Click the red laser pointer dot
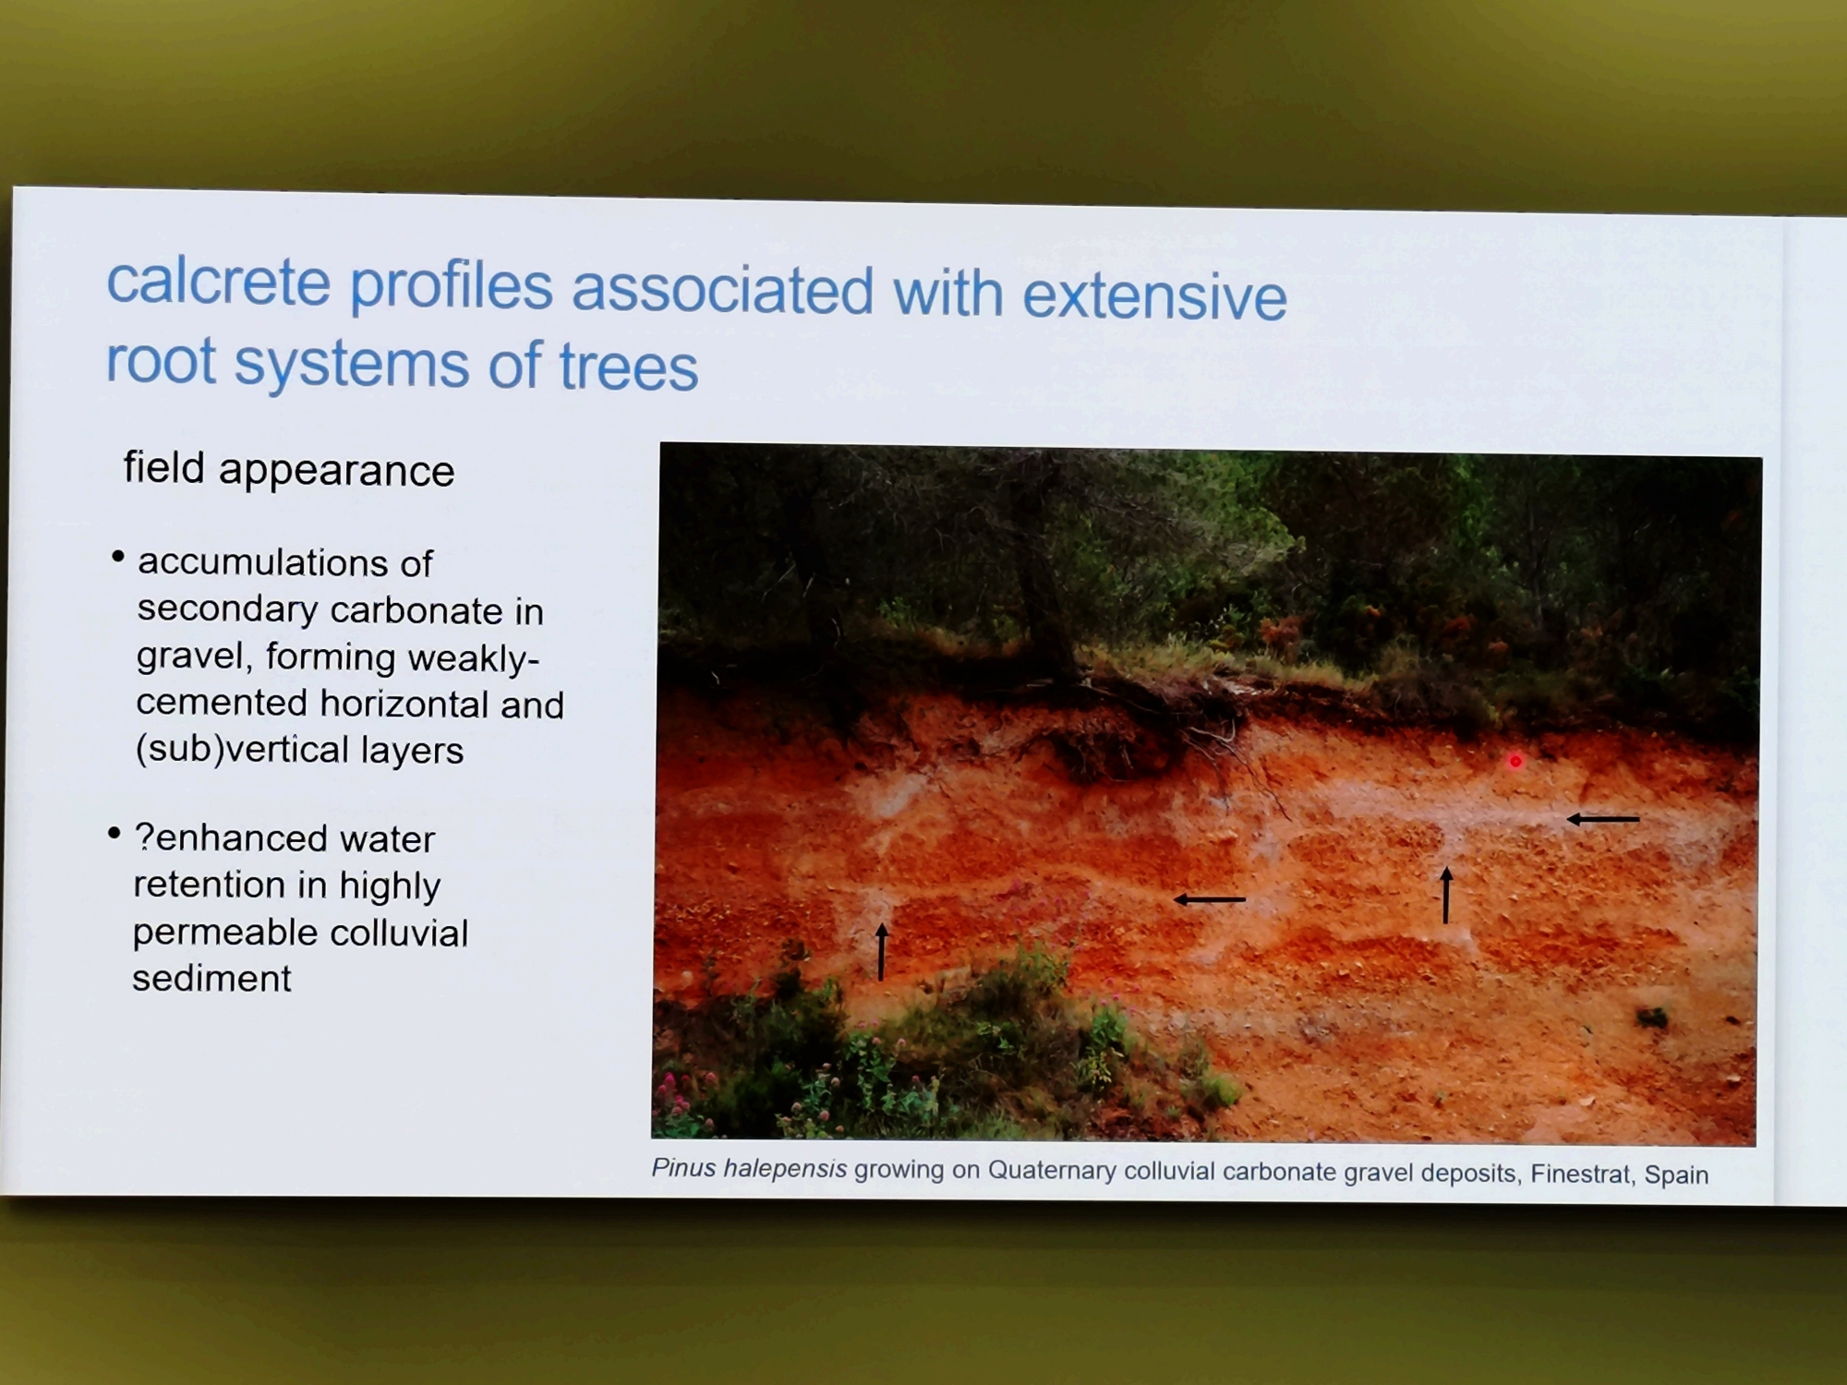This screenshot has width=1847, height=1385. [1515, 762]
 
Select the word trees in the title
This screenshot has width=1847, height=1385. [628, 367]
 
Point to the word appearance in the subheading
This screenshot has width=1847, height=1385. [336, 472]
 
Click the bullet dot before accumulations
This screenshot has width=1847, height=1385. [117, 557]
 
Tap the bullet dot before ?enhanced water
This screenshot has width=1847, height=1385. [114, 833]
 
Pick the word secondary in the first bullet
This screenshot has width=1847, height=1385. [227, 609]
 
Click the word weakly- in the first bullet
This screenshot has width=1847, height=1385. [474, 657]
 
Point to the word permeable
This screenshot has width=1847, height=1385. [225, 933]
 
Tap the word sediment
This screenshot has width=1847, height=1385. [211, 978]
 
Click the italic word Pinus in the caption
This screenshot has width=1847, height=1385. [684, 1168]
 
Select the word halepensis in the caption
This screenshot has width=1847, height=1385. [785, 1169]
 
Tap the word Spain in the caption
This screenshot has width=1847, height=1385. [1676, 1174]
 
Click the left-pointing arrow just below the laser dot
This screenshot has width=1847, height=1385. [1603, 819]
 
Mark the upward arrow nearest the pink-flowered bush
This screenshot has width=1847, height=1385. [881, 951]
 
